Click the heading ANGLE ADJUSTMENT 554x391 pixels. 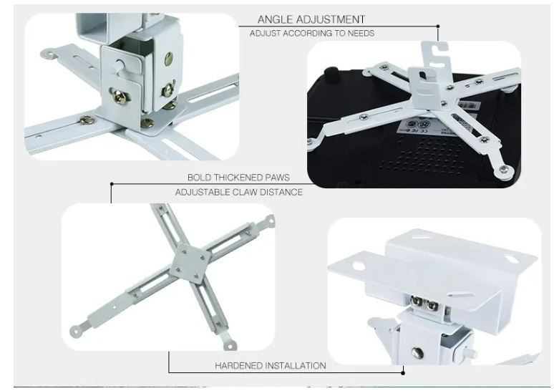[x=311, y=19]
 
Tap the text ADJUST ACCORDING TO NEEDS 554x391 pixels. [x=312, y=34]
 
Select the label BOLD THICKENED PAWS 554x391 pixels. [x=238, y=178]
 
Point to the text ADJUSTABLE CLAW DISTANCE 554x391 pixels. [x=239, y=193]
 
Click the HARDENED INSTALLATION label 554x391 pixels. [x=271, y=365]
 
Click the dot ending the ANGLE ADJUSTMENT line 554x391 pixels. [x=438, y=26]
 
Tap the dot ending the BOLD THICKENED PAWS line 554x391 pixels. [x=112, y=184]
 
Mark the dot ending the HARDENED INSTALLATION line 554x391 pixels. [x=403, y=372]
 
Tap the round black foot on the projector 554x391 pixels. [x=331, y=74]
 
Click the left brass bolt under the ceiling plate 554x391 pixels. [x=417, y=301]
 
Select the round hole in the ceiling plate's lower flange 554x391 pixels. [x=359, y=265]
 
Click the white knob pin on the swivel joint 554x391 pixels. [x=118, y=65]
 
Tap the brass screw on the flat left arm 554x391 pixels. [x=87, y=120]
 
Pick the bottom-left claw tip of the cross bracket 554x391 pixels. [x=75, y=331]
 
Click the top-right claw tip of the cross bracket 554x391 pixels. [x=270, y=221]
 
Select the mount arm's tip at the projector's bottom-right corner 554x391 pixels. [x=505, y=171]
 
